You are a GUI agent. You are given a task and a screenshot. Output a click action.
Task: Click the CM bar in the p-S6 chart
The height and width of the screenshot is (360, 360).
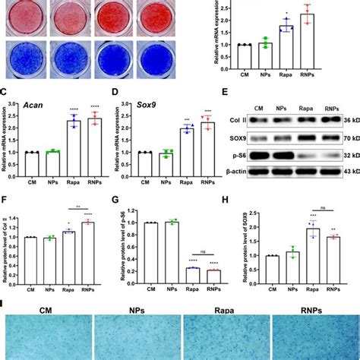click(x=157, y=251)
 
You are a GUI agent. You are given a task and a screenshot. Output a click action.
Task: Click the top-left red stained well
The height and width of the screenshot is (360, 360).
click(x=25, y=18)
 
